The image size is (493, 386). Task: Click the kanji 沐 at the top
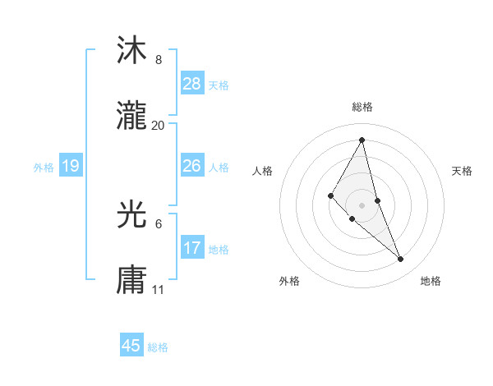tap(131, 51)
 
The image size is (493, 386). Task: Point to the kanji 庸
tap(131, 280)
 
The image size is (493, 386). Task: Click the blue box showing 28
tap(192, 84)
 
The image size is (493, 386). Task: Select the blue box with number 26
tap(192, 166)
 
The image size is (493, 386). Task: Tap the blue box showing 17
tap(192, 248)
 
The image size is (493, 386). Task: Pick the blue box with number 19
tap(71, 166)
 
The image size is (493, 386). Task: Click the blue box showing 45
tap(131, 346)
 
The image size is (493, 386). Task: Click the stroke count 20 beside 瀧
tap(159, 125)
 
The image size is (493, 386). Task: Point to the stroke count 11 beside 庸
tap(159, 289)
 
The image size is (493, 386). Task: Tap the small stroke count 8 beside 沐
tap(159, 60)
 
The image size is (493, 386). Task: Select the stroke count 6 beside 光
tap(159, 223)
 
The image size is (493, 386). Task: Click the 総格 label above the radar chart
tap(362, 107)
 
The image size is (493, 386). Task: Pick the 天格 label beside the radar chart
tap(463, 171)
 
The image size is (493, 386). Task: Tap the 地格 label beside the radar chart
tap(431, 281)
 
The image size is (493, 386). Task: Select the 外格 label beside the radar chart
tap(289, 281)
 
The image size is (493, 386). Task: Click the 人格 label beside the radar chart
tap(263, 171)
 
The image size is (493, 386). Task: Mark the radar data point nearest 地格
tap(401, 260)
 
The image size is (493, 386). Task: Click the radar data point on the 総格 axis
tap(362, 140)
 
